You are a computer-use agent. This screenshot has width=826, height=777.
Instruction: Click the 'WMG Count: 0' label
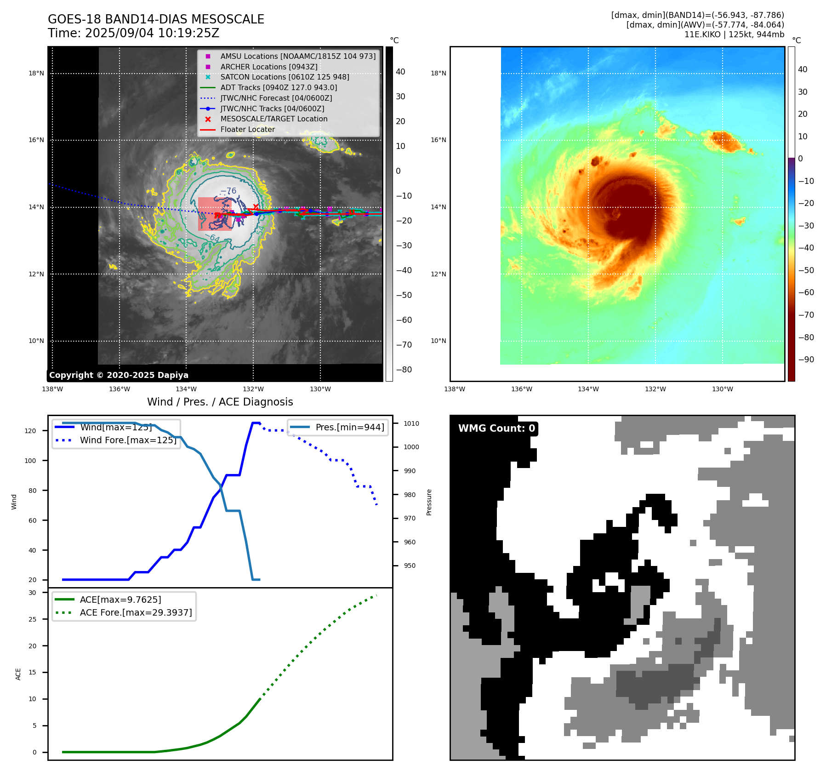click(496, 428)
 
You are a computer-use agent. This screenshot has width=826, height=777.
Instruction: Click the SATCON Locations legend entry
click(285, 77)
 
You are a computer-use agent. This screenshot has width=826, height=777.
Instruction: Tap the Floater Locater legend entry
click(247, 129)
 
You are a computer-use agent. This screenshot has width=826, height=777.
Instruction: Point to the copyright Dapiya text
click(119, 375)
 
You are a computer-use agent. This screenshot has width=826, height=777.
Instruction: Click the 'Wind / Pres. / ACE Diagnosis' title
click(220, 402)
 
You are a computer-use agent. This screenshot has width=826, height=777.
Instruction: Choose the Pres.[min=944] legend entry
click(349, 427)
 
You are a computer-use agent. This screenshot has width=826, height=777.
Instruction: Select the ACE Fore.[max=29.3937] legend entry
click(136, 612)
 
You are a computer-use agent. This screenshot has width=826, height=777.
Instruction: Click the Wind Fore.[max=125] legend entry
click(128, 440)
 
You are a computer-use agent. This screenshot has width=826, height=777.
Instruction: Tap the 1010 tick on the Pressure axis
click(411, 423)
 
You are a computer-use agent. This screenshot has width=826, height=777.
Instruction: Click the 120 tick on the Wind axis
click(30, 431)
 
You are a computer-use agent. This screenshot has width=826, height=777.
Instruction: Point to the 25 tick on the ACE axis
click(32, 619)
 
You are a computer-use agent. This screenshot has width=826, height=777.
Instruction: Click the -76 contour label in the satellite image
click(228, 191)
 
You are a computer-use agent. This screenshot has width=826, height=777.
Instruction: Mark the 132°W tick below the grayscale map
click(253, 389)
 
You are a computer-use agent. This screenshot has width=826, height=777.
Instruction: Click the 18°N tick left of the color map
click(438, 73)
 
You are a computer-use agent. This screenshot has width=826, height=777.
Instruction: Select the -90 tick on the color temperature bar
click(806, 360)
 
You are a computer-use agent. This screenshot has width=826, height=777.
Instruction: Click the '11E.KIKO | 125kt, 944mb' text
click(734, 34)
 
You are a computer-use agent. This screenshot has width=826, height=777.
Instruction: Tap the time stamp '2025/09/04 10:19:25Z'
click(152, 33)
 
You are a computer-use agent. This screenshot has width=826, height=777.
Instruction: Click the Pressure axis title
click(429, 502)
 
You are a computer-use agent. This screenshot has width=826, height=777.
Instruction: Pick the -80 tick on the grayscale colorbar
click(404, 370)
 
